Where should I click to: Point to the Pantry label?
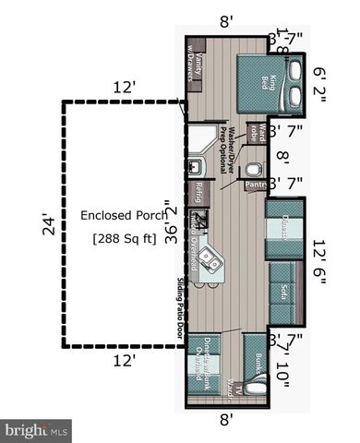(256, 186)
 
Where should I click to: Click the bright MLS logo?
(37, 430)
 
